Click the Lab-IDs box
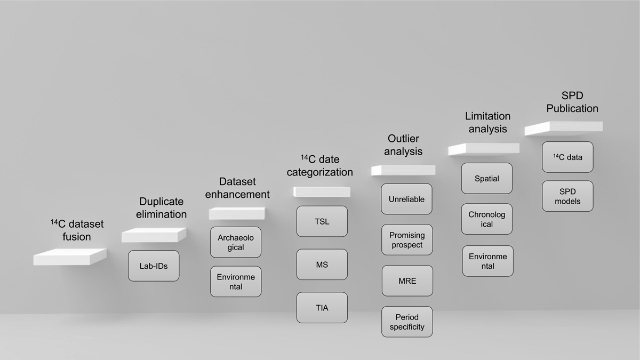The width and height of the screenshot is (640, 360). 154,266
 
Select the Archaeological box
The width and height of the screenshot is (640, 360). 236,242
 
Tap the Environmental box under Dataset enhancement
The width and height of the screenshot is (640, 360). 236,282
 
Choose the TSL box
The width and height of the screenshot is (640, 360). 322,221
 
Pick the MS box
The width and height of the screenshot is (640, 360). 322,265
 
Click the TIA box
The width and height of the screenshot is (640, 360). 322,308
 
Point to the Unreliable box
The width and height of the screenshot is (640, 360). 406,199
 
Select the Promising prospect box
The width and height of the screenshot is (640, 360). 407,239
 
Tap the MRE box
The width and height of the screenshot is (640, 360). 407,281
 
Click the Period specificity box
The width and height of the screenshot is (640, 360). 407,322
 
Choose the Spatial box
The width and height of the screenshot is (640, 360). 487,178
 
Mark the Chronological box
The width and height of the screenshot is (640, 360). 487,219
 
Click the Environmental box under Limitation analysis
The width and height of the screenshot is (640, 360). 487,261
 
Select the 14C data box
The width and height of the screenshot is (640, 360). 567,157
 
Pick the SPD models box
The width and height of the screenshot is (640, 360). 567,196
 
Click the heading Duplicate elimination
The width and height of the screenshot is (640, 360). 162,207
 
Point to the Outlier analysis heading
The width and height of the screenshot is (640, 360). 403,145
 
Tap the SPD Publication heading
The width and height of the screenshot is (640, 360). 572,102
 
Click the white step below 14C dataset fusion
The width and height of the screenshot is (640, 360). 70,257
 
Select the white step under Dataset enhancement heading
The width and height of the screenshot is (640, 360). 237,213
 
